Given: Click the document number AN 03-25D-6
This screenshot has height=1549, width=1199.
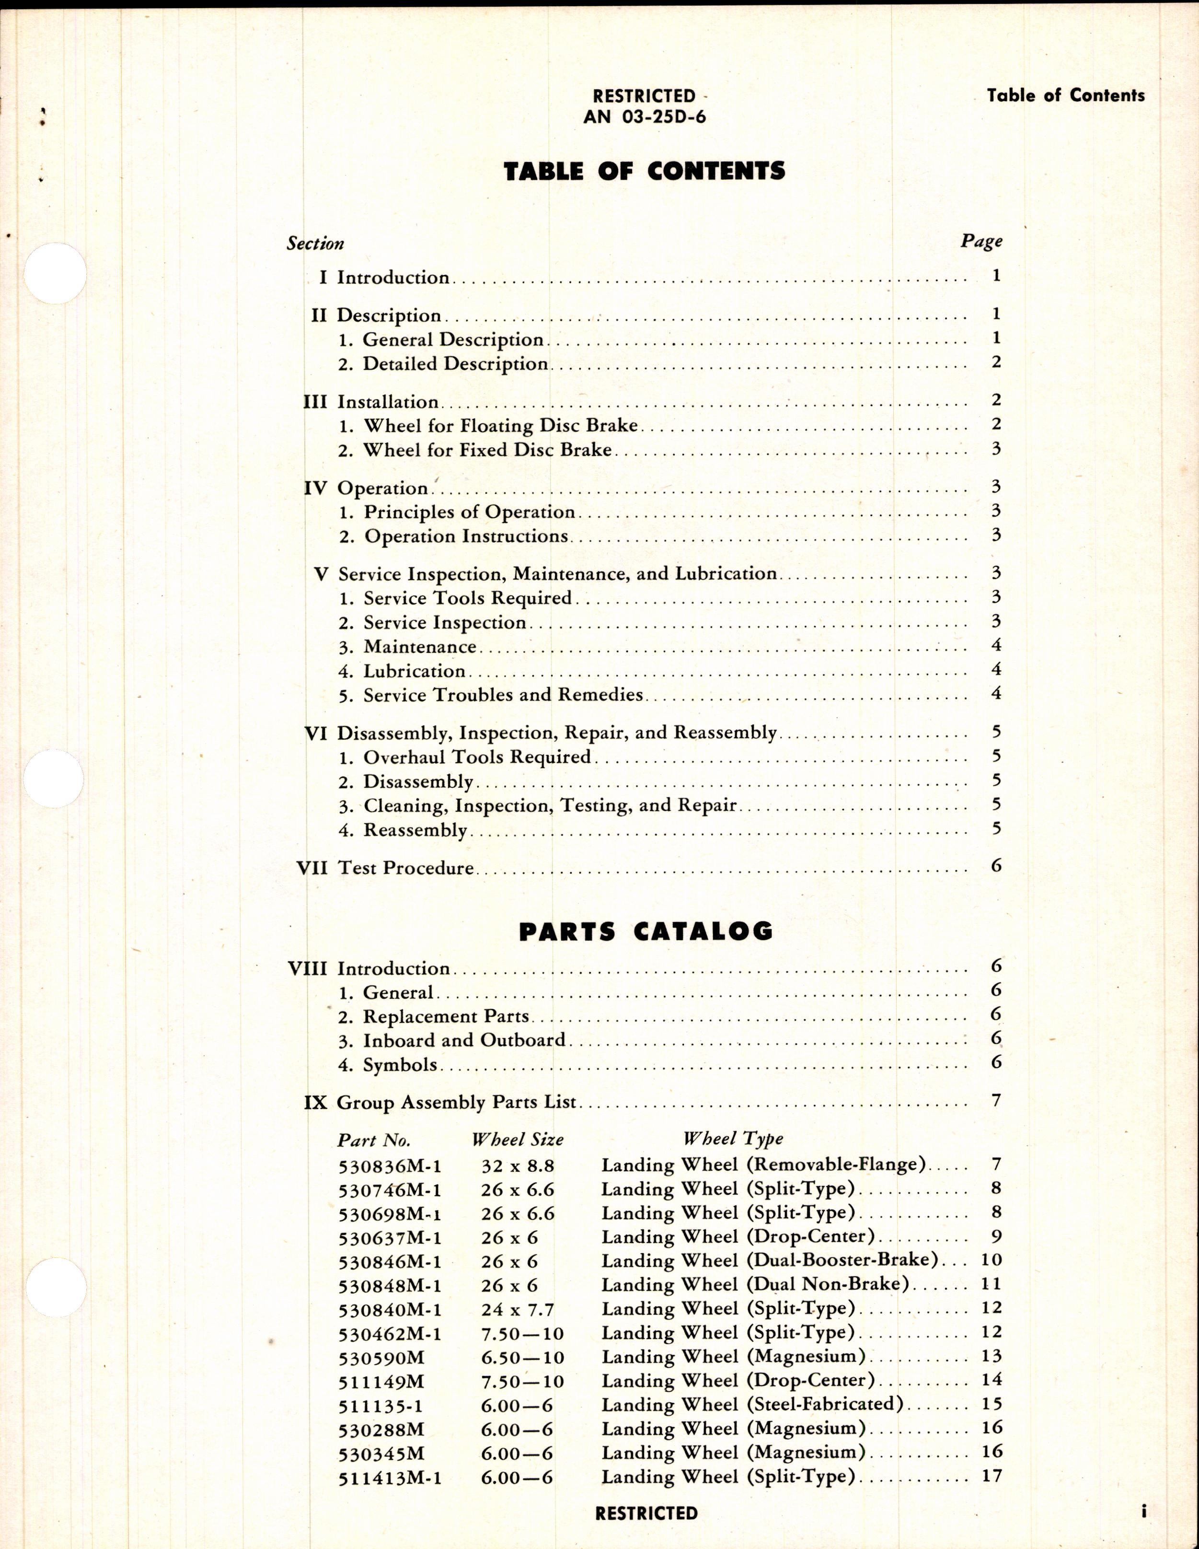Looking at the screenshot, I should coord(645,117).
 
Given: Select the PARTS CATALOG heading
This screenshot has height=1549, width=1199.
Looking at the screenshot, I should coord(645,931).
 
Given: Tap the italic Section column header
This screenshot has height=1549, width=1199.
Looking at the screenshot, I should coord(315,243).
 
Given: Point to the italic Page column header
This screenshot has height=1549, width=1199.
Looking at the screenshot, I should coord(981,242).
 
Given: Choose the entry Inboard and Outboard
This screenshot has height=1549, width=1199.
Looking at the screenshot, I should coord(464,1040).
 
